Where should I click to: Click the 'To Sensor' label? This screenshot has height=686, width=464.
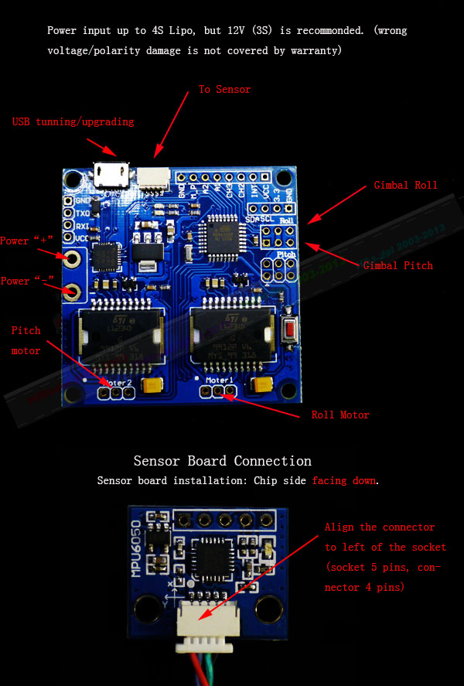coord(224,90)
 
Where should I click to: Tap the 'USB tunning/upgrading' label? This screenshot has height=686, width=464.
coord(73,122)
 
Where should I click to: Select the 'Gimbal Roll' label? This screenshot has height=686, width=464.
coord(405,186)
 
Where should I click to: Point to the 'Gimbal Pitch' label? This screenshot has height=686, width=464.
coord(397,265)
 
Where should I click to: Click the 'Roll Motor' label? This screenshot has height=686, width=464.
coord(340,415)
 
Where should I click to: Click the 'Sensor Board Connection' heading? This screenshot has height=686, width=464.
coord(223,461)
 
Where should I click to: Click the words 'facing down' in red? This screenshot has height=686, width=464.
coord(344,481)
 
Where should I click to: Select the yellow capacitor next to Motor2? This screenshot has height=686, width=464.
coord(152,384)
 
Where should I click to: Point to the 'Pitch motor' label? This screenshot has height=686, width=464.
coord(26,340)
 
